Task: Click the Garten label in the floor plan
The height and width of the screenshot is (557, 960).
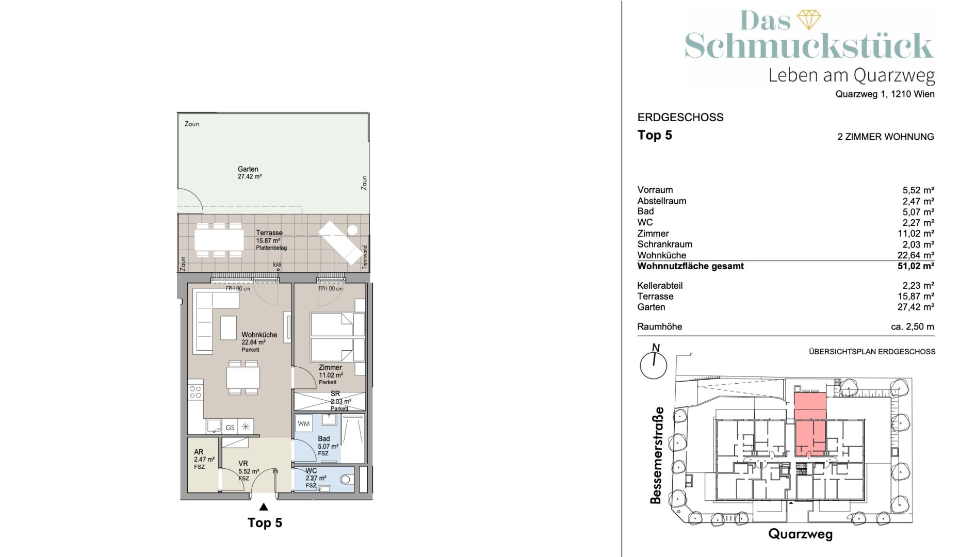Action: pos(248,169)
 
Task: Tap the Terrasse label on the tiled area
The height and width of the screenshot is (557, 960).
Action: pos(269,233)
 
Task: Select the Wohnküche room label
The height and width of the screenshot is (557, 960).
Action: pos(259,335)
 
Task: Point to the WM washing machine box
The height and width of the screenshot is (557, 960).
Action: pos(304,424)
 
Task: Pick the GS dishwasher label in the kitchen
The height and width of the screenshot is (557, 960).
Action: pos(230,428)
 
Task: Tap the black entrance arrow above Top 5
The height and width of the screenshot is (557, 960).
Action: pos(264,506)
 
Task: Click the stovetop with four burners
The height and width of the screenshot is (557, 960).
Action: pos(196,392)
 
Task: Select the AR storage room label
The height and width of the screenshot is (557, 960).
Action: pos(199,452)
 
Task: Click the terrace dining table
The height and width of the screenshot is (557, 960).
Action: pos(219,240)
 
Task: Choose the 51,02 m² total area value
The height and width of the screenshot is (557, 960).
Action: pos(916,266)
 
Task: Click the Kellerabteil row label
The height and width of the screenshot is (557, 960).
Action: pos(660,286)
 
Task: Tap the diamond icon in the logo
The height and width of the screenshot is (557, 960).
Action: pos(809,20)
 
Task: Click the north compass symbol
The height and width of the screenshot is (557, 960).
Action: pos(654,363)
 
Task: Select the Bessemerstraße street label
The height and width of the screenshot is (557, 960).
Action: pos(656,455)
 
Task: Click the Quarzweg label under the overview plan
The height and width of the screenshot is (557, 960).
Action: pos(800,534)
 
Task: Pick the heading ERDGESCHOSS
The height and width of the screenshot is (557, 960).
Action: pos(680,118)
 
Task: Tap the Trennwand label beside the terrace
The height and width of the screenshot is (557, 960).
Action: pos(365,257)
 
